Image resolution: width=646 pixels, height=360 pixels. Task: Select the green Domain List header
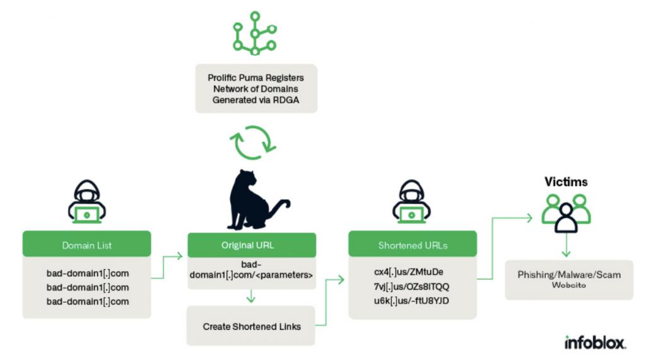click(87, 244)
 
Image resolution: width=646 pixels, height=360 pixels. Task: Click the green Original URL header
click(251, 244)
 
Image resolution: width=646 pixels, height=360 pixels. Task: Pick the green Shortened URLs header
click(413, 244)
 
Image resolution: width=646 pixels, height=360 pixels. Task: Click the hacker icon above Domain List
click(88, 203)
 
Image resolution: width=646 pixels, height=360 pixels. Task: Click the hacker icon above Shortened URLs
click(413, 203)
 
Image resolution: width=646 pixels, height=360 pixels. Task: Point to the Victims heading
click(566, 182)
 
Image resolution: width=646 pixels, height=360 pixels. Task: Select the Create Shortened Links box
click(251, 326)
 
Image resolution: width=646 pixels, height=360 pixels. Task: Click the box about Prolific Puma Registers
click(255, 88)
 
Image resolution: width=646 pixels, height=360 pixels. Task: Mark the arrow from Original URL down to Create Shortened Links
click(251, 296)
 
